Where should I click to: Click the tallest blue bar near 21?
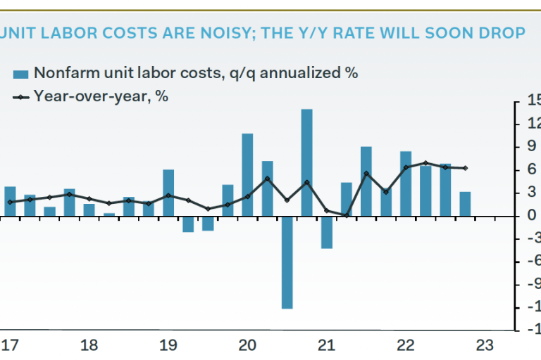306,162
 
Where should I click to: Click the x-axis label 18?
89,345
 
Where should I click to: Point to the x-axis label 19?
168,345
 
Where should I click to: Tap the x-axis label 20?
247,345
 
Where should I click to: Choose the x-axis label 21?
325,345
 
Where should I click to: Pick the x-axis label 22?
405,345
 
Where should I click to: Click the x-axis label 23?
484,345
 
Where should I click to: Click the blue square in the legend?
20,73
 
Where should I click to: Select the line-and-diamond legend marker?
20,96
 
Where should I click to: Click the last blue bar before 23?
465,204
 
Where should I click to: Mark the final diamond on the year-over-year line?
465,168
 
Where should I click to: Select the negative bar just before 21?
326,232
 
